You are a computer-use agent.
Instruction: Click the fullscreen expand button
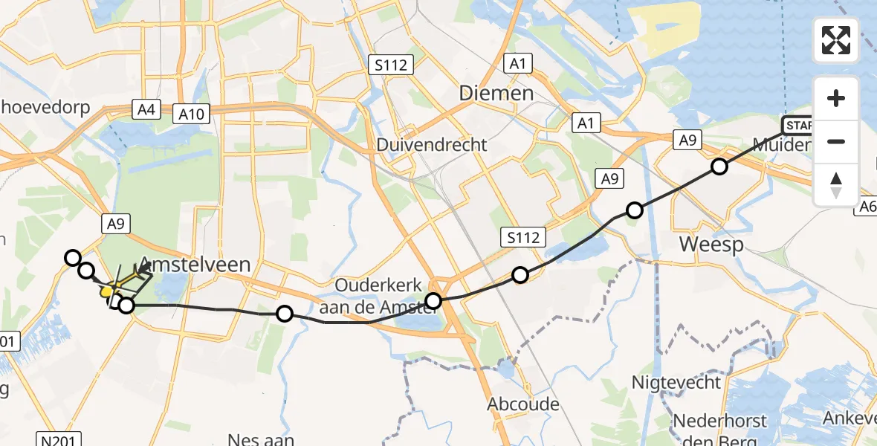coord(836,40)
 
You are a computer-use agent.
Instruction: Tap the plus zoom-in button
coord(836,98)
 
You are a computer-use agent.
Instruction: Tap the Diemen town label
coord(496,93)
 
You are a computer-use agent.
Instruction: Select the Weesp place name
coord(712,245)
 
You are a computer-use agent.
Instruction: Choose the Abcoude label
coord(522,405)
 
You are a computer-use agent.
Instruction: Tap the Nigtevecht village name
coord(676,383)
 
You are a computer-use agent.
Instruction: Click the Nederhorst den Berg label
coord(719,430)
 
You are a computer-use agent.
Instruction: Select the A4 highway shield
coord(146,110)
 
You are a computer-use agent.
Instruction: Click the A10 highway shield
coord(190,114)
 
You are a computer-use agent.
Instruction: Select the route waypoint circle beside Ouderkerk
coord(433,301)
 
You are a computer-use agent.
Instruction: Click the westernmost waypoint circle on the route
coord(73,258)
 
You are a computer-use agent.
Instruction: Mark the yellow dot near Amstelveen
coord(106,292)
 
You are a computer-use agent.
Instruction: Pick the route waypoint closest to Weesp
coord(635,210)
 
